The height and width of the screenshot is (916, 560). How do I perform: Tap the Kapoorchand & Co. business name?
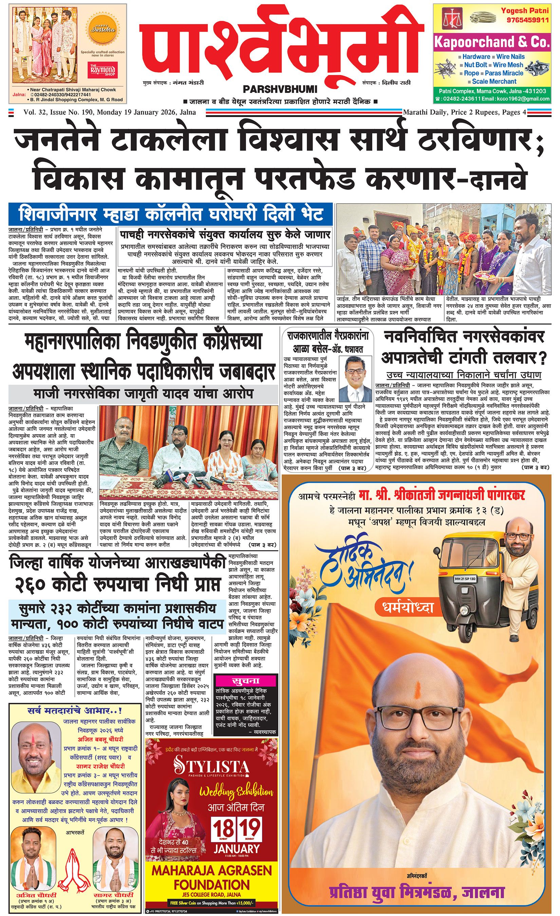pyautogui.click(x=491, y=42)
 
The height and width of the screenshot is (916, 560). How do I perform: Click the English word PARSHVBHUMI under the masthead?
pyautogui.click(x=280, y=89)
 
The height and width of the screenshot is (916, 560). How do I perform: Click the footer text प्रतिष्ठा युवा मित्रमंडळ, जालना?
pyautogui.click(x=416, y=891)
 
